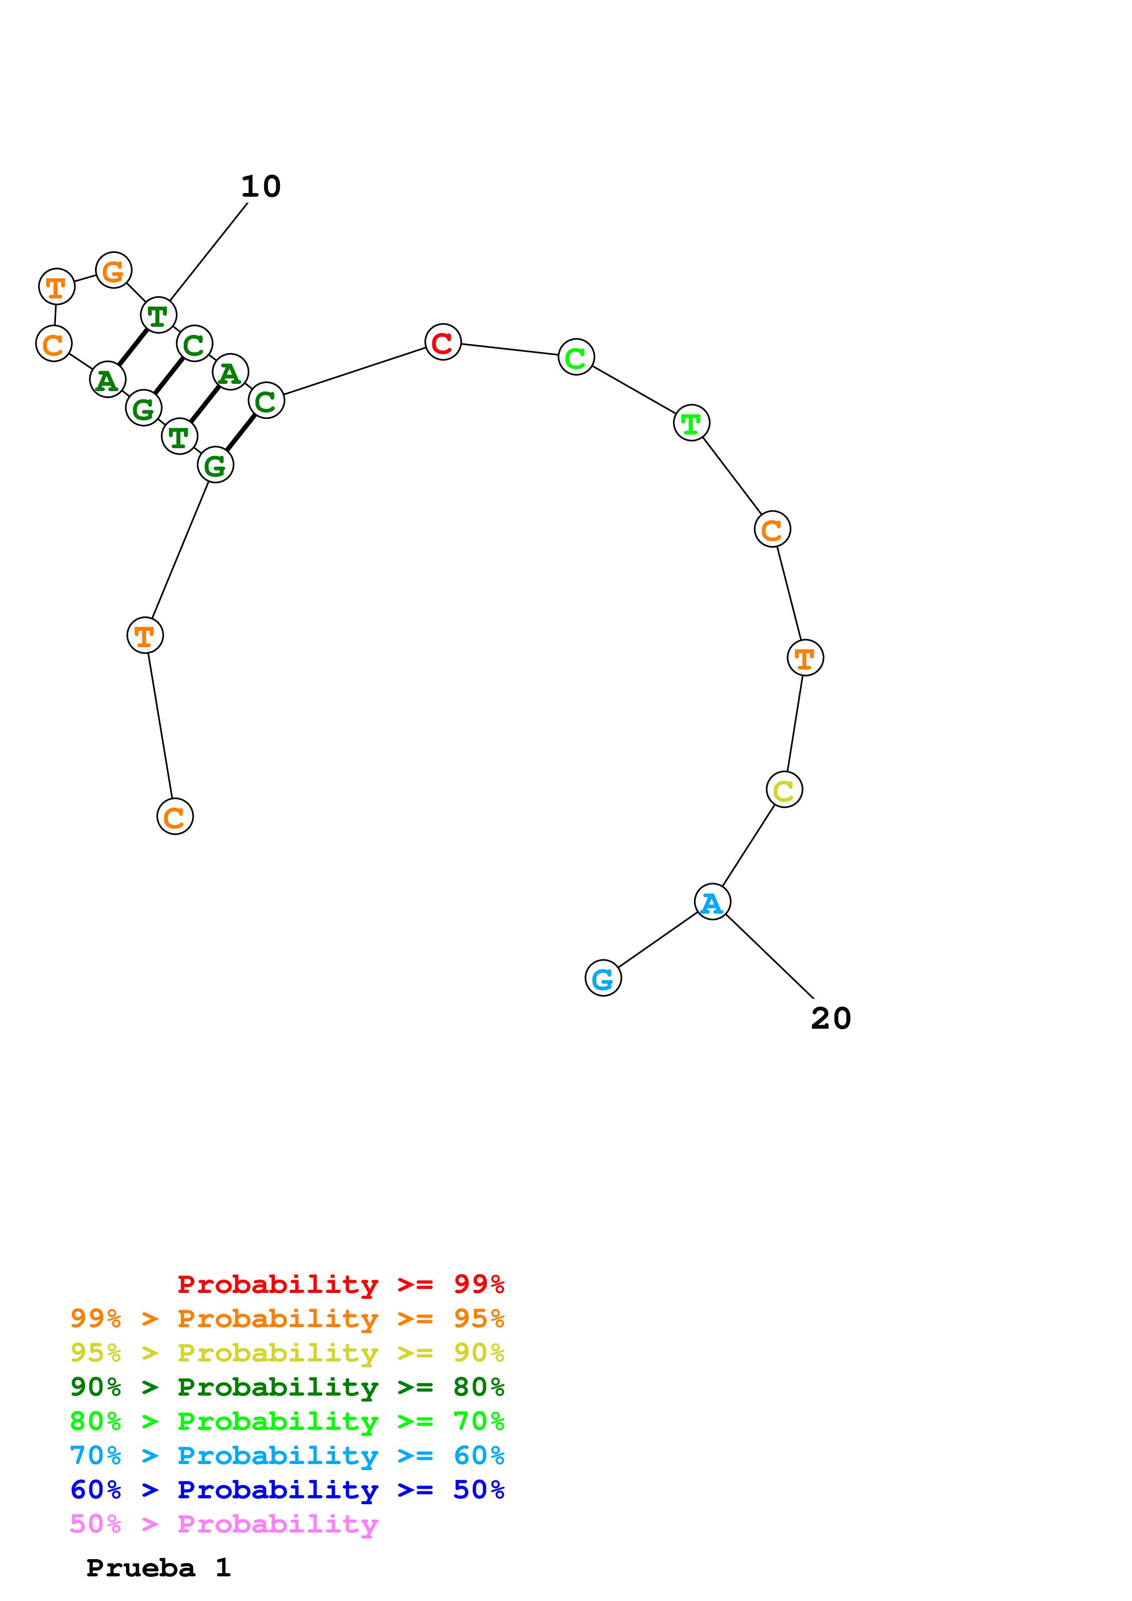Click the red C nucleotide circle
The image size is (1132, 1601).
443,342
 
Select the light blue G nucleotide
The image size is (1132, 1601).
603,978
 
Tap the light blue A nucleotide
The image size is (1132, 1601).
712,902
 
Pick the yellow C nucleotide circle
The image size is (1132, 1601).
784,790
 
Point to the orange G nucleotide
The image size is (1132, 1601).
114,271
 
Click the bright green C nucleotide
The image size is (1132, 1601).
576,357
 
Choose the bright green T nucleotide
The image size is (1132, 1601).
691,423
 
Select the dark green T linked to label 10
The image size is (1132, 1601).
158,315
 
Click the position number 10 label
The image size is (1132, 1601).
261,187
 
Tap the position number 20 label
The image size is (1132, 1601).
831,1019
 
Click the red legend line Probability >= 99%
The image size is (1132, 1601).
340,1284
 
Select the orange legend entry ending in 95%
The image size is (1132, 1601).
287,1318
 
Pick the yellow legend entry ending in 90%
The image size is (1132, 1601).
287,1352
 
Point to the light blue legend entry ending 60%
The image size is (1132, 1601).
287,1455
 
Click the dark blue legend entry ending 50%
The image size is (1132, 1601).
287,1490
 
